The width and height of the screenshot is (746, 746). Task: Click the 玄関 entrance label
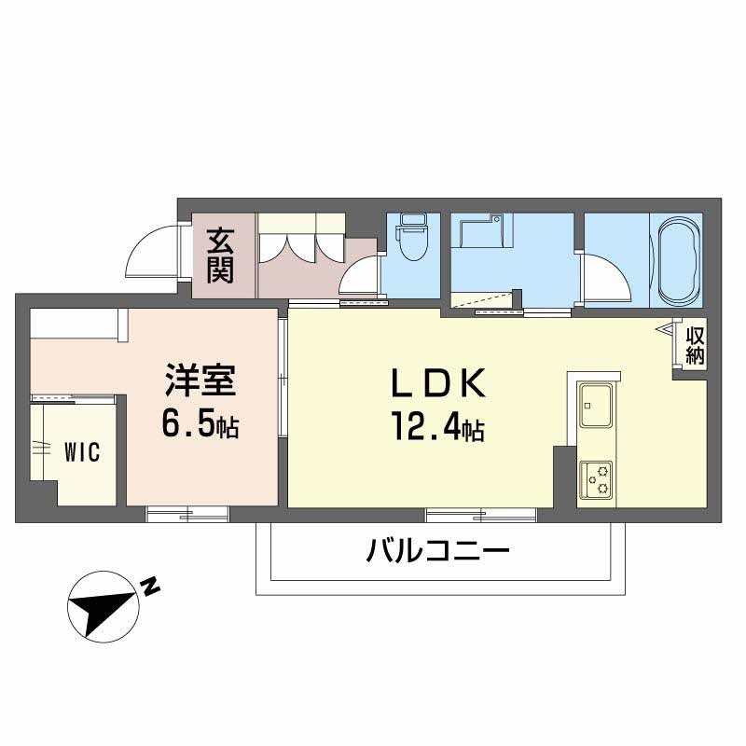tap(220, 256)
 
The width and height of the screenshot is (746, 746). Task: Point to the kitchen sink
tap(595, 404)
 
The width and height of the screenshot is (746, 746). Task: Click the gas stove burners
tap(595, 479)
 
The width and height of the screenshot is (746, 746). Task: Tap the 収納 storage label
tap(695, 345)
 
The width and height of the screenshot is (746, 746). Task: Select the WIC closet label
tap(83, 452)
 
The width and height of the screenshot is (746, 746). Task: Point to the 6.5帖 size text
tap(200, 426)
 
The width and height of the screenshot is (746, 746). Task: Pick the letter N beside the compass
tap(149, 586)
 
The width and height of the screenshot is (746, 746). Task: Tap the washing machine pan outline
tap(479, 234)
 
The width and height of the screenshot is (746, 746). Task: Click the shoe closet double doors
tap(301, 244)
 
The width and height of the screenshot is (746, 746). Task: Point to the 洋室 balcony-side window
tap(187, 512)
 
